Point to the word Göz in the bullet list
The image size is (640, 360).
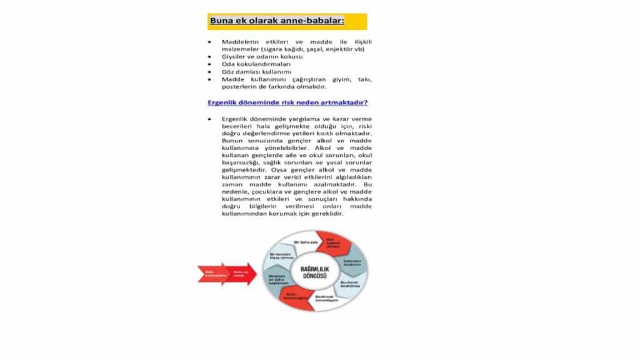228,72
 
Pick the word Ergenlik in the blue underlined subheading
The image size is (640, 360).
223,102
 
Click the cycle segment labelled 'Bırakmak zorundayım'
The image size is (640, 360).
326,299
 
